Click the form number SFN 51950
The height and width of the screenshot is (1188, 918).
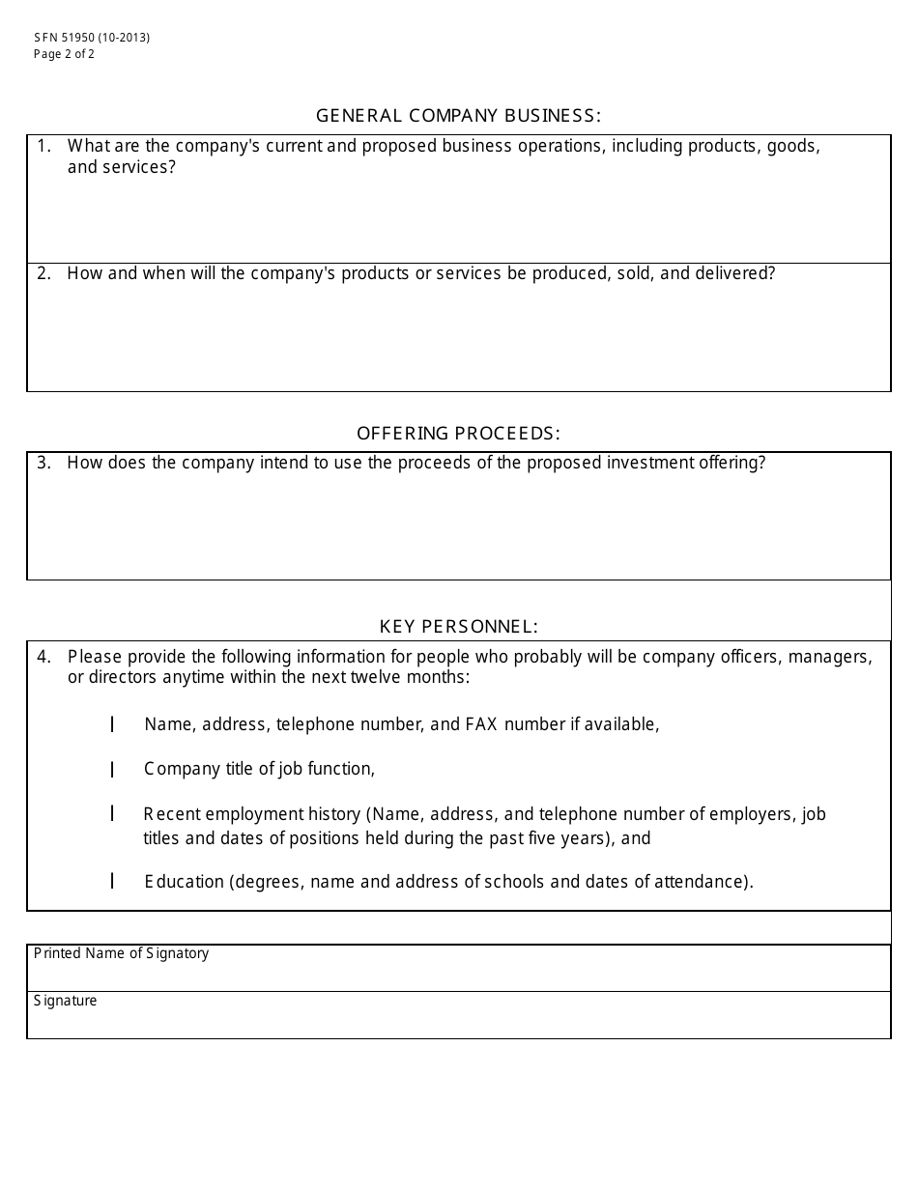coord(64,38)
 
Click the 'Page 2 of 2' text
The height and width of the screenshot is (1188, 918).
coord(64,54)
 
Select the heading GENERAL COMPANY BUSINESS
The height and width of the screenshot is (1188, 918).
coord(458,116)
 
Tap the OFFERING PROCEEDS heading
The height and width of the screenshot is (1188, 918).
coord(458,433)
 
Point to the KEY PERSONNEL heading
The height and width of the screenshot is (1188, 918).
coord(458,627)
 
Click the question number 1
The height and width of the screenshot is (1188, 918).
coord(43,146)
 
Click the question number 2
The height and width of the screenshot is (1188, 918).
coord(43,273)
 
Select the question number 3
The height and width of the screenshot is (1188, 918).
coord(43,463)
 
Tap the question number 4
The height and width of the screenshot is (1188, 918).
coord(43,657)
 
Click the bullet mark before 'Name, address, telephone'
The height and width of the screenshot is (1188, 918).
coord(112,724)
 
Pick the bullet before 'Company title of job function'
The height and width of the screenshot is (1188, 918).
coord(112,770)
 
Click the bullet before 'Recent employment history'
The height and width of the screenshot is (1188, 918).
coord(112,814)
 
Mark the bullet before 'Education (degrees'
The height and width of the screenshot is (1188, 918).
coord(112,881)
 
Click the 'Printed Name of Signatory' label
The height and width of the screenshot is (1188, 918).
coord(121,953)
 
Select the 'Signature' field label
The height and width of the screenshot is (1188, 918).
coord(65,1001)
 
